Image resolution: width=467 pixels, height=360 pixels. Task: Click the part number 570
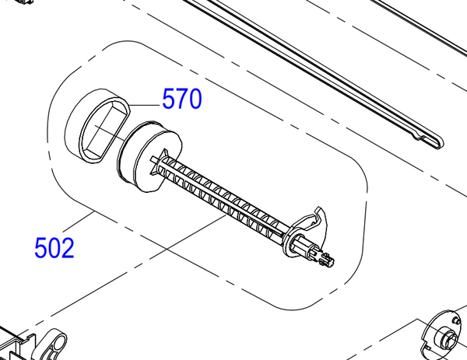coord(182,99)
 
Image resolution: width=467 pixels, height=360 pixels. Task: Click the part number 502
coord(54,247)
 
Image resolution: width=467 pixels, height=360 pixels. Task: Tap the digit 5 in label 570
coord(169,99)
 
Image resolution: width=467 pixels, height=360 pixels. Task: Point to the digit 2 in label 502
coord(67,247)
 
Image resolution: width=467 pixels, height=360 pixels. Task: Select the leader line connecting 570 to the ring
coord(145,105)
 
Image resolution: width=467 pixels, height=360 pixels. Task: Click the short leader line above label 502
coord(79,222)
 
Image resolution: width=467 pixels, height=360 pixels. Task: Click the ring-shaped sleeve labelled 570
coord(98,125)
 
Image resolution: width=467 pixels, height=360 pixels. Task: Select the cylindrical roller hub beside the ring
coord(149,157)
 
